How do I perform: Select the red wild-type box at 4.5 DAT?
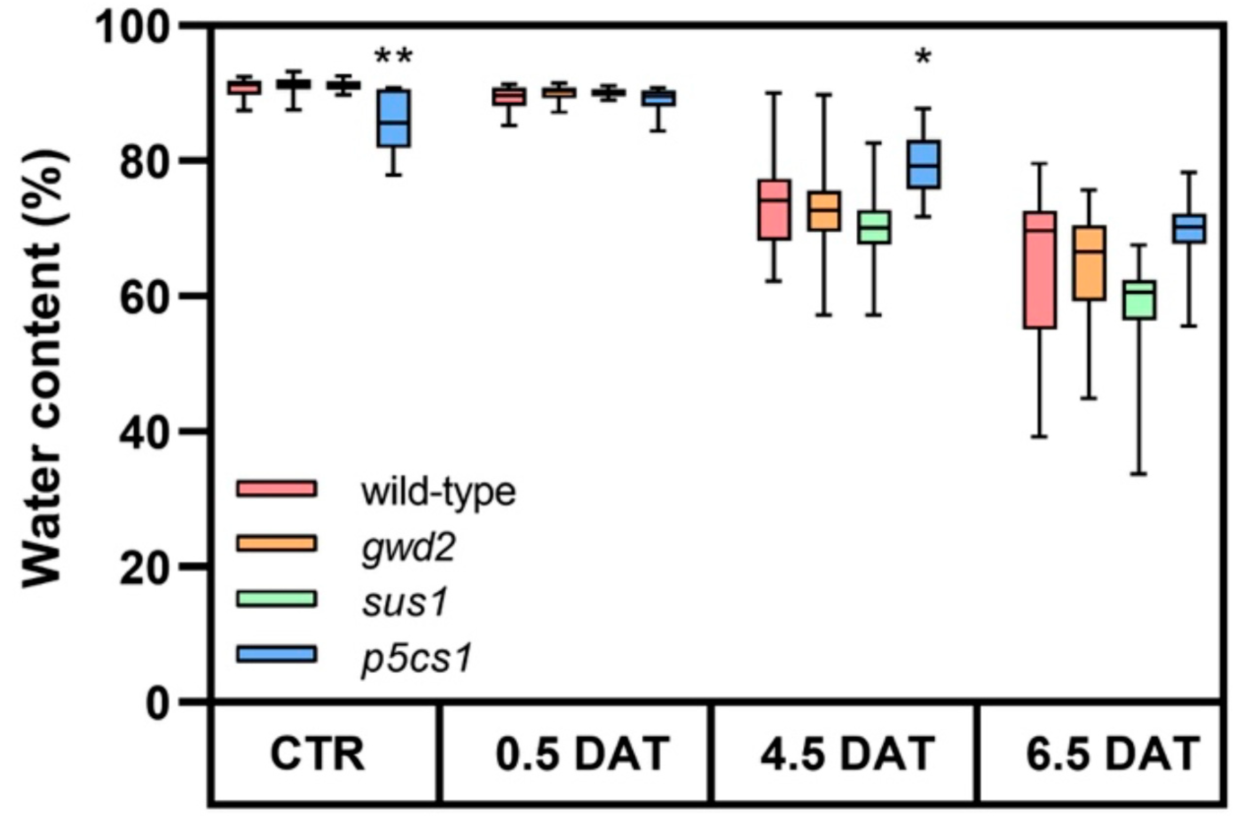point(774,210)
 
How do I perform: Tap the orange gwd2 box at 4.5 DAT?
point(824,211)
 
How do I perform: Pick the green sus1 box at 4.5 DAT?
point(874,227)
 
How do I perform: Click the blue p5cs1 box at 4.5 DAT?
point(924,164)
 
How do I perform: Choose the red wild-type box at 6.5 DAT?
point(1040,270)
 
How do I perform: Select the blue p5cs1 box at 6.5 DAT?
point(1189,228)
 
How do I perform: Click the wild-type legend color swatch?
point(277,488)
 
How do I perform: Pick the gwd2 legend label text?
point(408,547)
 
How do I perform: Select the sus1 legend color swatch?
point(277,599)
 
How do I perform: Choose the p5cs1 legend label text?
point(417,658)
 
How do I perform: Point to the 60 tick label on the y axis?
point(146,297)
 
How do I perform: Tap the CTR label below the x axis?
point(317,754)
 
